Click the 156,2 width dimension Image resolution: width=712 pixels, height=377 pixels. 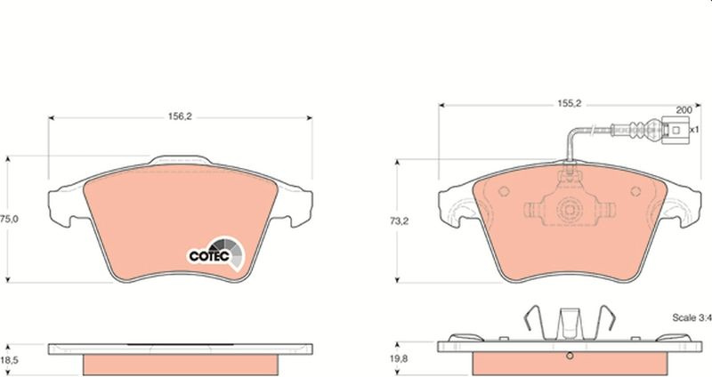(x=181, y=116)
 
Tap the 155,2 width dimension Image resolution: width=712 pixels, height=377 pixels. (x=570, y=103)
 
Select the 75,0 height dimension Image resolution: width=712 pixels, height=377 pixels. (x=9, y=219)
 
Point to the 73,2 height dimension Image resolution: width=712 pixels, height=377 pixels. (x=399, y=221)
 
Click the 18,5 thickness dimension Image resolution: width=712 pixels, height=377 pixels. (x=9, y=361)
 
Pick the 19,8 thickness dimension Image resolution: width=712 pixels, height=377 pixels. (x=399, y=359)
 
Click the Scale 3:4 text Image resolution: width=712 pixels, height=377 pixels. (x=692, y=317)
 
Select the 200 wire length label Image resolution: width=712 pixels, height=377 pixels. (x=684, y=109)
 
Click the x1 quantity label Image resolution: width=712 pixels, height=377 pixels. (x=694, y=129)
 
